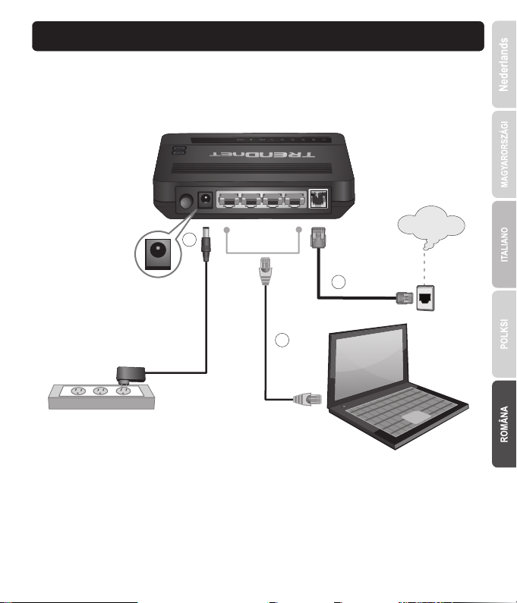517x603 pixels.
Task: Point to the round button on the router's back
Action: [x=184, y=202]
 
